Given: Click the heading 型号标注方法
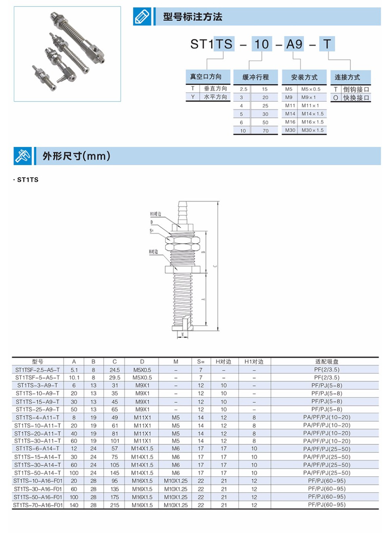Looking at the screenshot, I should (x=192, y=17).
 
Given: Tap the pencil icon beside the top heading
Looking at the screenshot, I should (x=142, y=17).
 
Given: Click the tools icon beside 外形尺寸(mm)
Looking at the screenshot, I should (x=23, y=156).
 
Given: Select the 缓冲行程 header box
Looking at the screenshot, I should (x=255, y=77).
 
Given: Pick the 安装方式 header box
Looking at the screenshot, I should (x=304, y=77).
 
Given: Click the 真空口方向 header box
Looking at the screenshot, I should (x=206, y=76).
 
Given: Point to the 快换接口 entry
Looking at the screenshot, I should (x=356, y=98).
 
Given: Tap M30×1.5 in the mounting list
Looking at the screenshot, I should (x=312, y=130).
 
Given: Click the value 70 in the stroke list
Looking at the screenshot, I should (x=266, y=131).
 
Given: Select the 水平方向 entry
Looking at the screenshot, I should (x=215, y=97).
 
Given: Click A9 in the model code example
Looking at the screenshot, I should (x=294, y=44).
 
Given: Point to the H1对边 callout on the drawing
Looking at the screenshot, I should (x=156, y=214).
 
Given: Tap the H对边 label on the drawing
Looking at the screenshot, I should (x=153, y=252).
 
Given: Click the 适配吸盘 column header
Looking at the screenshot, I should (x=327, y=361).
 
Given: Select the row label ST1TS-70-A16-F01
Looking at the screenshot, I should (x=38, y=505).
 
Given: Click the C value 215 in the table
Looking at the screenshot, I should (x=115, y=505).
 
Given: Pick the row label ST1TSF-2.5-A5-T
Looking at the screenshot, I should (x=38, y=370).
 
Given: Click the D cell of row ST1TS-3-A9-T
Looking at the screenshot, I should (x=142, y=385).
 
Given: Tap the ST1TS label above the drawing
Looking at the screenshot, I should (x=28, y=180).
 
